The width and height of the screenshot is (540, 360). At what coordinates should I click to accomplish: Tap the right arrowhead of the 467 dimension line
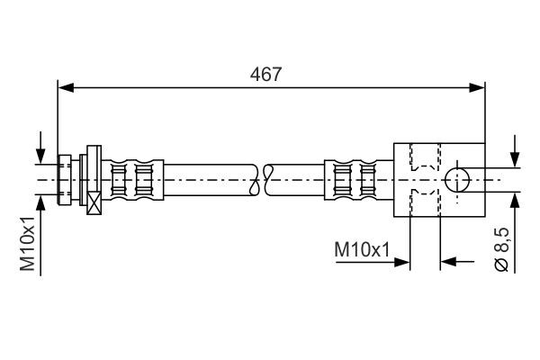(x=478, y=87)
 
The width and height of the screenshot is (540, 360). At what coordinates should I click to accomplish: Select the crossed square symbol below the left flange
(x=93, y=203)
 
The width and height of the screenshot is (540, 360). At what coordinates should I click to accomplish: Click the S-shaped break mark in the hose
(x=265, y=179)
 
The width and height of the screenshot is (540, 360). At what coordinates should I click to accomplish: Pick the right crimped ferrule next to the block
(x=351, y=179)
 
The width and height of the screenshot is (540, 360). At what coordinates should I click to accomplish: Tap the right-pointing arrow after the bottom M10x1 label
(x=402, y=262)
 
